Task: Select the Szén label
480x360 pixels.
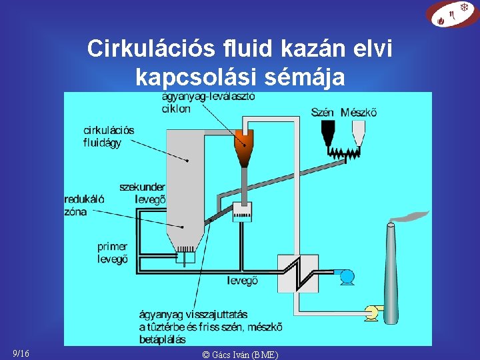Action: click(323, 112)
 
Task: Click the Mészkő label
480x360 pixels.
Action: click(359, 112)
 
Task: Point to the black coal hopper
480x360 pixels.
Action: click(327, 133)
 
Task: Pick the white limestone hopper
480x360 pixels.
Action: click(358, 131)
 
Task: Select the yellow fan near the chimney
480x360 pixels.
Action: click(371, 312)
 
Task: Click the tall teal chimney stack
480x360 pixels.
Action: click(392, 280)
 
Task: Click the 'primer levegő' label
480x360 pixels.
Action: click(112, 253)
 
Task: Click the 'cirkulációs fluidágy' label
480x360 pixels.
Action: click(109, 136)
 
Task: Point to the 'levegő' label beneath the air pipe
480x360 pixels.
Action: click(243, 281)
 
